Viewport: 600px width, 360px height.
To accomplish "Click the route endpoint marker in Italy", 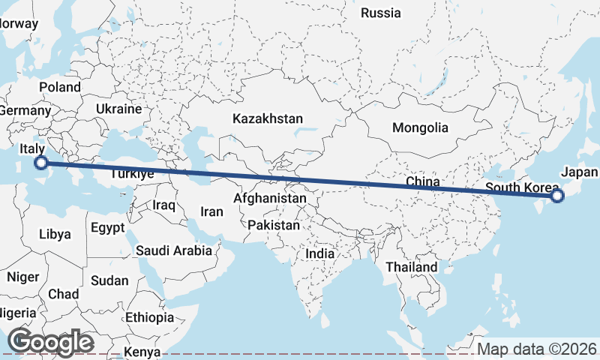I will pos(41,162).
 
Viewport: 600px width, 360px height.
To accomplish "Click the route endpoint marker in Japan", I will pos(556,196).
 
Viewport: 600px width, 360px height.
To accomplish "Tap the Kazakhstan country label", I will pos(268,118).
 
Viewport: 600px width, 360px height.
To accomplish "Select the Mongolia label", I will pos(420,127).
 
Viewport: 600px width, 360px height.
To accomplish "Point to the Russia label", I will pos(381,13).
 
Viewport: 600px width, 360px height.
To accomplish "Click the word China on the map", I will pos(422,181).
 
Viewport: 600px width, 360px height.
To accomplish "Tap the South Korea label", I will pos(522,187).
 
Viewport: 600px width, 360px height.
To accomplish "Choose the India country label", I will pos(320,254).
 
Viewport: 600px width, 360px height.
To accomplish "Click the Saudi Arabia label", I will pos(174,251).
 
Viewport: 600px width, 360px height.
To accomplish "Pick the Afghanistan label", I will pos(270,199).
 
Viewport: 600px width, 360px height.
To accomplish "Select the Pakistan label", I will pos(274,225).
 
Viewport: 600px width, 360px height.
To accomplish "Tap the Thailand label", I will pos(411,267).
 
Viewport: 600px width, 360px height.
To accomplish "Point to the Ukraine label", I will pos(118,109).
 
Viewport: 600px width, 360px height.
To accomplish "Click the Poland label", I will pos(60,87).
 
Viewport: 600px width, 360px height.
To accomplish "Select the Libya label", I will pos(55,234).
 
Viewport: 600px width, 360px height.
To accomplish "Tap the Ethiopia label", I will pos(149,317).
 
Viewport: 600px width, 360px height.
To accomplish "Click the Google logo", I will pos(50,342).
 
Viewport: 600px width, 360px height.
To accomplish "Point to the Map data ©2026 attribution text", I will pos(537,349).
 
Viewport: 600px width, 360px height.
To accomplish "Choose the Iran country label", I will pos(211,211).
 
